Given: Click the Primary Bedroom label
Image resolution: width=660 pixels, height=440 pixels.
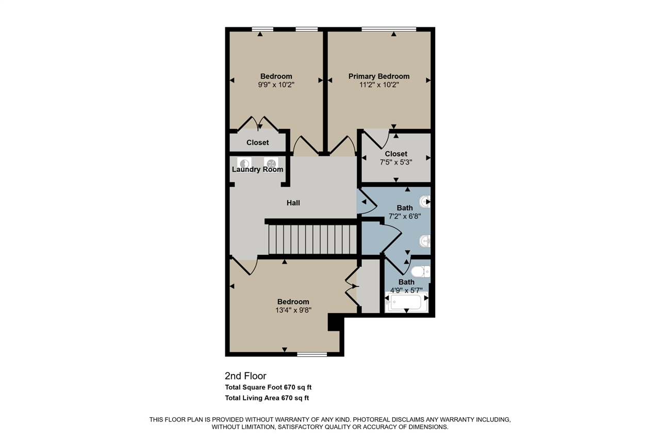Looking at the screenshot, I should coord(378,76).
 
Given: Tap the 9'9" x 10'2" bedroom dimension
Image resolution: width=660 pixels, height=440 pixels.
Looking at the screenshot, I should coord(276,85).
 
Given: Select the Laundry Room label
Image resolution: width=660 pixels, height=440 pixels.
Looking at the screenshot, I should coord(257,170).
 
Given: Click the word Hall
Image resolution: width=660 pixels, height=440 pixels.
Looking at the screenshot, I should coord(293,203).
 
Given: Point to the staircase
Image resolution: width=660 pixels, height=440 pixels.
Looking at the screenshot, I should coord(312,239).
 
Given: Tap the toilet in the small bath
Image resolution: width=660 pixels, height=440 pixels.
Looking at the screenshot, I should coord(421,271).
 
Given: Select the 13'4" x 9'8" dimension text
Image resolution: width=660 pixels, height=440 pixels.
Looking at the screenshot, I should coord(293,310).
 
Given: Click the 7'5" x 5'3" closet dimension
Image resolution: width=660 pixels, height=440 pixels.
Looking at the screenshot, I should coord(395,161).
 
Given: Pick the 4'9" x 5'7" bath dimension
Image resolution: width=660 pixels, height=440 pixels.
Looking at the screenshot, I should coord(406,290).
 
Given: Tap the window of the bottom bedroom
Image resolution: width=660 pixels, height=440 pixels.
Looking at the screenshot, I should coord(312,354).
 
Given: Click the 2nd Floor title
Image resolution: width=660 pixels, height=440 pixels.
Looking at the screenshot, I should coord(245,376).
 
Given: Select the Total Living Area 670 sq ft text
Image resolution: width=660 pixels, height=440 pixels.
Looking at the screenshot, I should coord(267,398).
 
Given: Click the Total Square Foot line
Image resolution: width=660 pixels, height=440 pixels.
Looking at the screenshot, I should coord(268,387).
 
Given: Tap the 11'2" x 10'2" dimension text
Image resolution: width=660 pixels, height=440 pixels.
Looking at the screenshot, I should coord(378,85).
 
